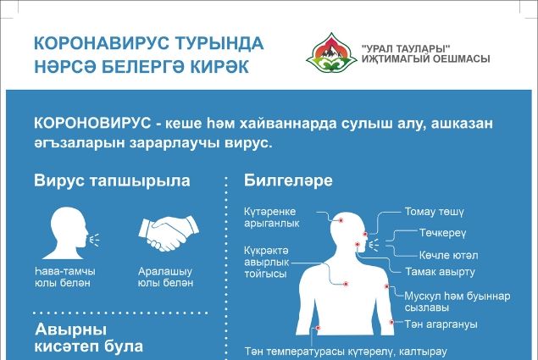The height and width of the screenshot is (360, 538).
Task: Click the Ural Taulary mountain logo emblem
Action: pos(331,53)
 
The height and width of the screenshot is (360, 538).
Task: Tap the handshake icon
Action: pos(169,234)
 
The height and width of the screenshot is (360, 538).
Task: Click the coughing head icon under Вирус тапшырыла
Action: pos(71,233)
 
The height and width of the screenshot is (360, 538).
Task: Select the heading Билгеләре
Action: pos(288,181)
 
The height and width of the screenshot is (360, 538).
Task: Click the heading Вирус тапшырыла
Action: pos(112,181)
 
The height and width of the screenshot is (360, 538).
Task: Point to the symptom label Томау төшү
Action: pos(434,212)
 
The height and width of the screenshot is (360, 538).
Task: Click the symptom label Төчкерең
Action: pos(442,234)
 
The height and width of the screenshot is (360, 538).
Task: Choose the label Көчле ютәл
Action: pos(448,255)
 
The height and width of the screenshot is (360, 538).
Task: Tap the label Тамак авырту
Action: pos(441,272)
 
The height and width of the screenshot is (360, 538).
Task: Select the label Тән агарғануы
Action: pos(441,324)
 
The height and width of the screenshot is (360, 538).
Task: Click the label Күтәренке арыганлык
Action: pos(271,218)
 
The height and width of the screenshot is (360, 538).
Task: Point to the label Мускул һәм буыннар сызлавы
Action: pos(458,302)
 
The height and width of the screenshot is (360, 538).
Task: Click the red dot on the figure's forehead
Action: pos(341,220)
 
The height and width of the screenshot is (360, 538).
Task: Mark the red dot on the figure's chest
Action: pos(346,284)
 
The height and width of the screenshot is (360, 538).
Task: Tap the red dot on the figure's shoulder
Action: pos(386,286)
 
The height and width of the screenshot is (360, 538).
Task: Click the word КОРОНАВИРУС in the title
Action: pos(102,43)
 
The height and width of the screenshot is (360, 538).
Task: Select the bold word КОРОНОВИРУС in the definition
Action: pos(92,124)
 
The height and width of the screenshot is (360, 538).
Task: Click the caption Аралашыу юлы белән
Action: pos(166,277)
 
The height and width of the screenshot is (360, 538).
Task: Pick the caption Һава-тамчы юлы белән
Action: pos(65,277)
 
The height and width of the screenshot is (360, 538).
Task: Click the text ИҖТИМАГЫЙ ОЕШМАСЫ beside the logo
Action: pos(426,59)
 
